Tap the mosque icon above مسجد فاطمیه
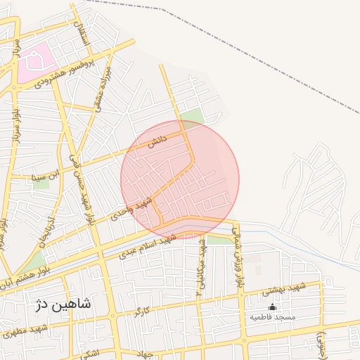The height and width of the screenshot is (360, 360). (x=273, y=307)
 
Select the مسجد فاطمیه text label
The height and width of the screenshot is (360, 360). (x=273, y=318)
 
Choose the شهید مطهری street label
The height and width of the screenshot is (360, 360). (x=24, y=331)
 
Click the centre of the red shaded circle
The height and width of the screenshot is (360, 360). (x=180, y=180)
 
